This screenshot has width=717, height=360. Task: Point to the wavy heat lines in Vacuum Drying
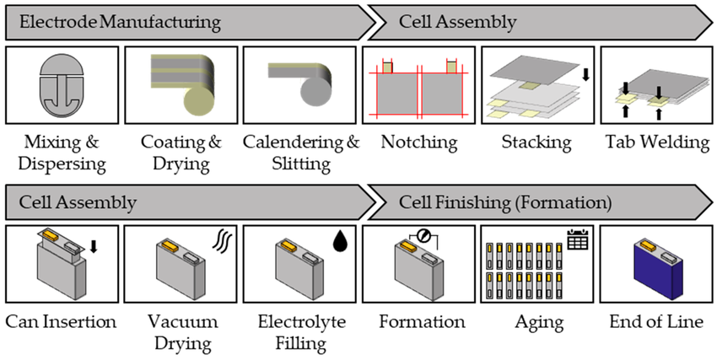click(221, 242)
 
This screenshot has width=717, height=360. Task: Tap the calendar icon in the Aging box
click(577, 240)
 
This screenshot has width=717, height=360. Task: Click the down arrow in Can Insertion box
click(93, 247)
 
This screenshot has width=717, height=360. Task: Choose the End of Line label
click(658, 322)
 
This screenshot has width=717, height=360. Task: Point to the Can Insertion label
click(61, 322)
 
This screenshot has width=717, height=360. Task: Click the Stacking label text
click(539, 142)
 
